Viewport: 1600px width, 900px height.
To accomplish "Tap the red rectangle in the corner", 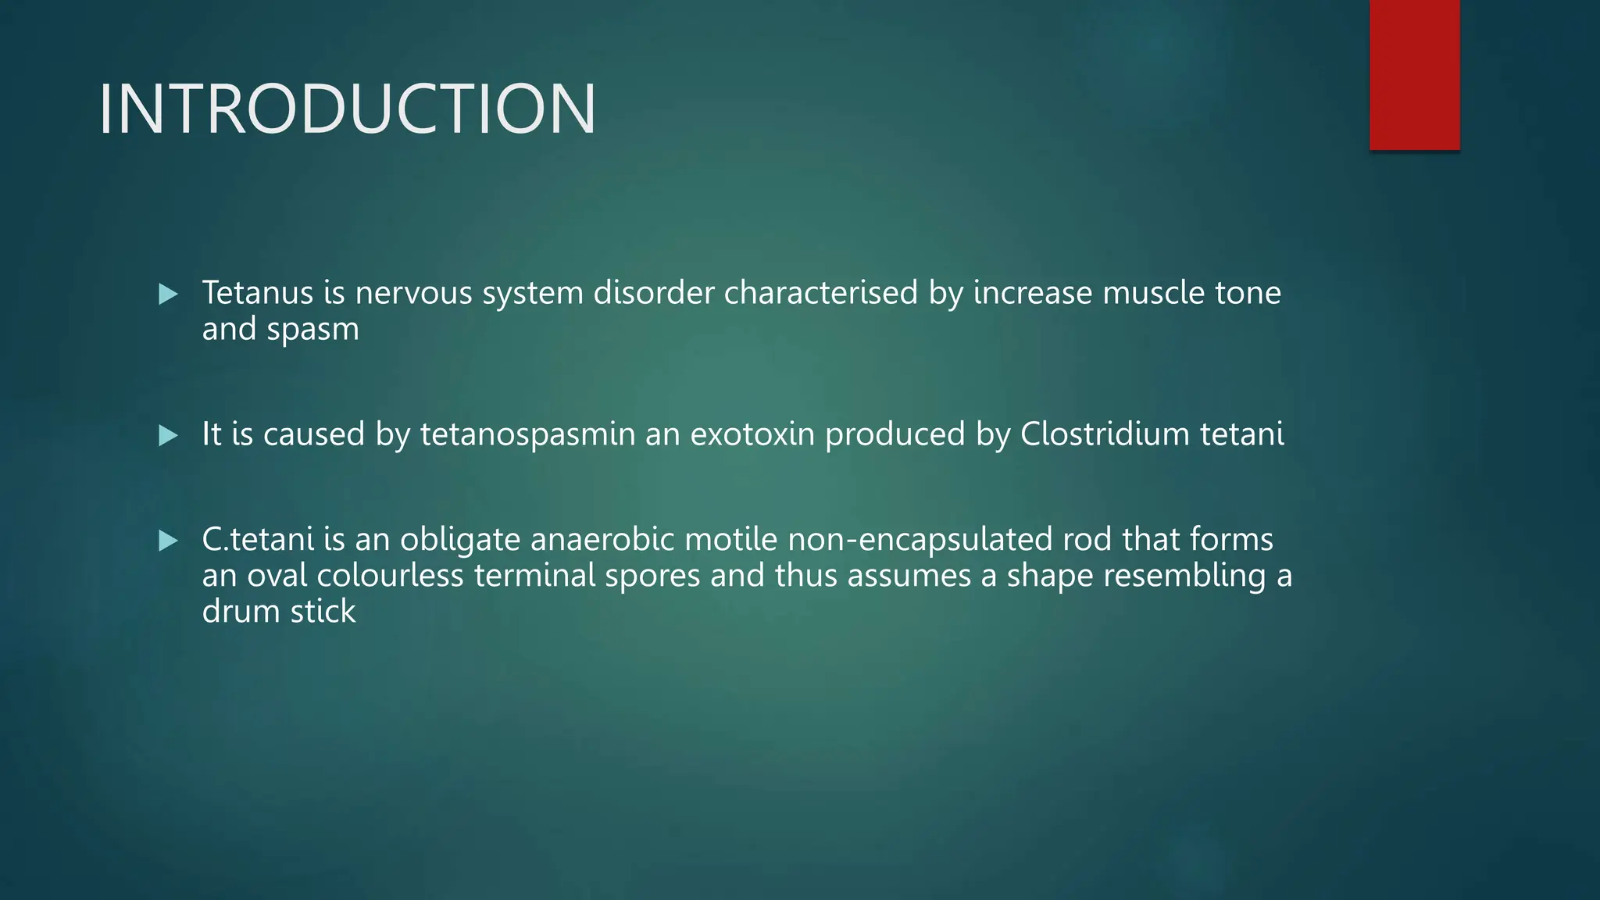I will (1414, 74).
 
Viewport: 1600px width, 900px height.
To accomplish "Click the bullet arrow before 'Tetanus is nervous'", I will (168, 295).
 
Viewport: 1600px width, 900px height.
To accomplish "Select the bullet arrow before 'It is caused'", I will (168, 435).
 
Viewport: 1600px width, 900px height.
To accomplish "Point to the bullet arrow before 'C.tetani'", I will (168, 540).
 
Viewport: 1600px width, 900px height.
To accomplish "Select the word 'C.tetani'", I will (258, 540).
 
